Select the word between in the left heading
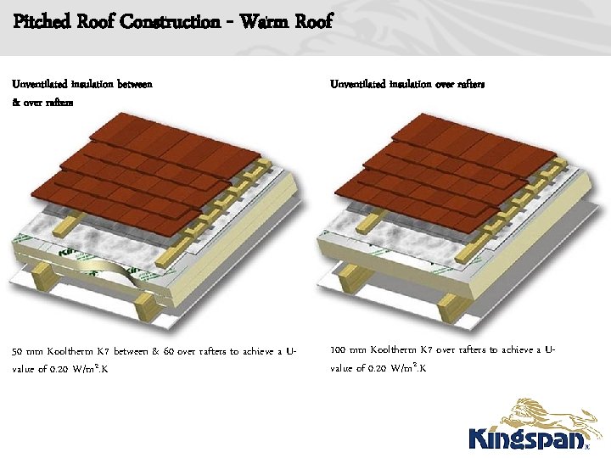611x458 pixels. (134, 84)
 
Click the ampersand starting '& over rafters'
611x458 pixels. (15, 102)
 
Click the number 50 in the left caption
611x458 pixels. (19, 350)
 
